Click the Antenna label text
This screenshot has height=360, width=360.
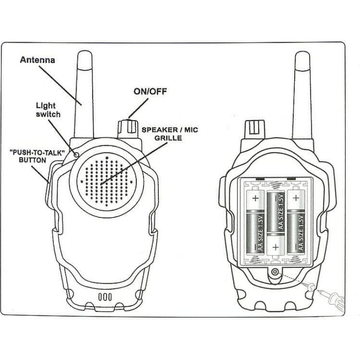pos(38,60)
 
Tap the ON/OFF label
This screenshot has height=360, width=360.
pos(150,92)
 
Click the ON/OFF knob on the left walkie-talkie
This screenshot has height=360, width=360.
pos(128,128)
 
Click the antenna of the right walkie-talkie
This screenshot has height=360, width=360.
pos(304,99)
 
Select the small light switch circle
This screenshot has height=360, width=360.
pos(76,154)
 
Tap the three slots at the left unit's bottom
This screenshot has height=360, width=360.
pos(104,297)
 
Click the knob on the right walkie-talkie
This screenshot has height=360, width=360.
pos(254,128)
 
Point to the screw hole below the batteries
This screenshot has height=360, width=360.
pos(274,271)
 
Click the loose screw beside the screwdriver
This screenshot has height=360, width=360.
pos(309,285)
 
